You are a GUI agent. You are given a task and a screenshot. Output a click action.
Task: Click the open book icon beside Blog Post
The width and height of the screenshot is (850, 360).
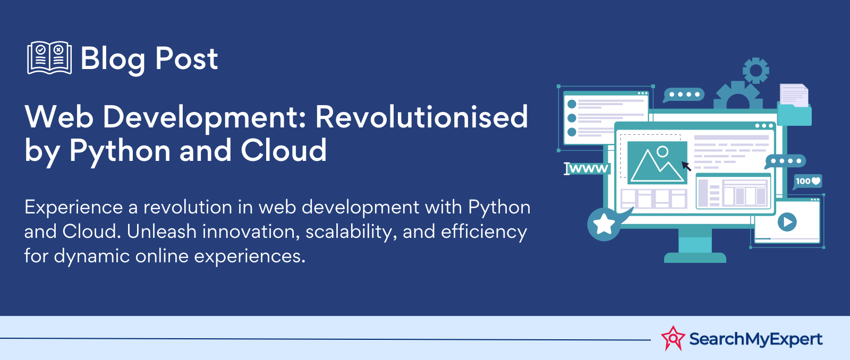click(49, 58)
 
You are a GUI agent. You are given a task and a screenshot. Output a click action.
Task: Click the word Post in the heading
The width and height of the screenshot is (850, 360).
click(186, 59)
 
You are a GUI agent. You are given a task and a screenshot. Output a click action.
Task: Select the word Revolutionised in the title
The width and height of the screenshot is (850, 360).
click(422, 117)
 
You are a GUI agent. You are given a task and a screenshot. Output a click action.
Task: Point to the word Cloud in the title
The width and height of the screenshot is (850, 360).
click(284, 150)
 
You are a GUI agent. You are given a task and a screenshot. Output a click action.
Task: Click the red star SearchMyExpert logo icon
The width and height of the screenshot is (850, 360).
click(673, 338)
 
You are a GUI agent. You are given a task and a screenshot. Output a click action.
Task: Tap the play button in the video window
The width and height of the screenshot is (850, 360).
click(787, 222)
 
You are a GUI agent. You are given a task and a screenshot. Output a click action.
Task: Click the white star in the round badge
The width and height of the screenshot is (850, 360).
click(603, 224)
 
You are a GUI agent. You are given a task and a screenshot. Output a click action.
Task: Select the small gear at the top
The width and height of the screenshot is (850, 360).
click(755, 71)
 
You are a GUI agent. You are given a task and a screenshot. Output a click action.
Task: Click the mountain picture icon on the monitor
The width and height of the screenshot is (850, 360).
click(657, 162)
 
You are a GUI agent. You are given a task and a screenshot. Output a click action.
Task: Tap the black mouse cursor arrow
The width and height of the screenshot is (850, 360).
click(686, 166)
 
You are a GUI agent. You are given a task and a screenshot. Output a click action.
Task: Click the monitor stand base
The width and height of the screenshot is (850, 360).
click(695, 258)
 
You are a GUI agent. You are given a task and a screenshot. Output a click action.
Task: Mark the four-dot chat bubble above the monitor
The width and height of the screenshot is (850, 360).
click(684, 95)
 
